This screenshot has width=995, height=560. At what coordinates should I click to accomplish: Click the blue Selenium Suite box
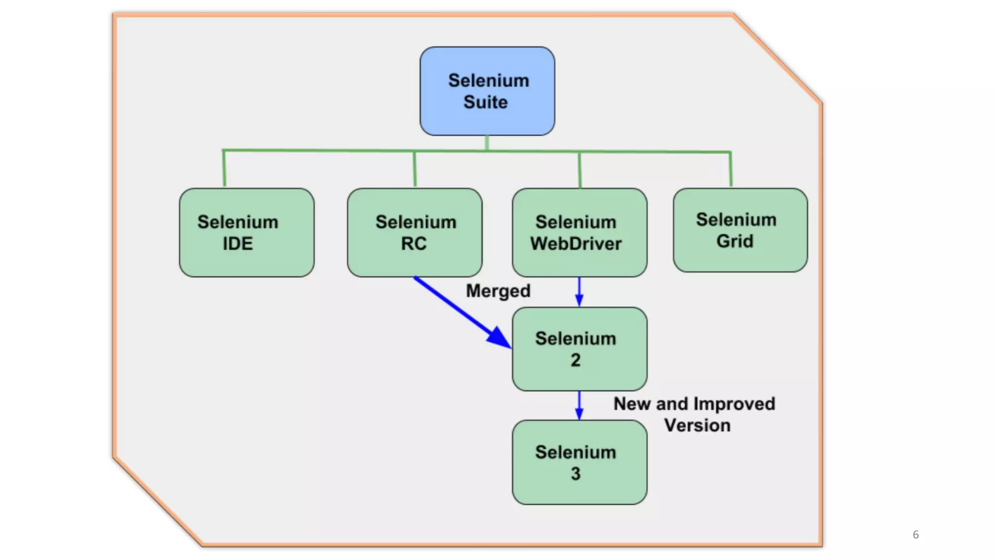pyautogui.click(x=487, y=91)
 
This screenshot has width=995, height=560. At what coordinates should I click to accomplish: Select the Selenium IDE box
pyautogui.click(x=246, y=232)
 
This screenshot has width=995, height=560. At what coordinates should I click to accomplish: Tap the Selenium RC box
pyautogui.click(x=414, y=232)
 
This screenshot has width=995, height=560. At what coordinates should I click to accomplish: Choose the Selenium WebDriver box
pyautogui.click(x=579, y=232)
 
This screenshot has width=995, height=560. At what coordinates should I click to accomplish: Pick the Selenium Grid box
pyautogui.click(x=740, y=230)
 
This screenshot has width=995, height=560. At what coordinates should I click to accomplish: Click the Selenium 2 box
pyautogui.click(x=579, y=349)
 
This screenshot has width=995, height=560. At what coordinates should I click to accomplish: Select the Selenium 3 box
pyautogui.click(x=579, y=462)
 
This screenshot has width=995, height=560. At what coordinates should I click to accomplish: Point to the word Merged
pyautogui.click(x=498, y=291)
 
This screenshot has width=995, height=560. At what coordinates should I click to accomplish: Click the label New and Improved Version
pyautogui.click(x=694, y=414)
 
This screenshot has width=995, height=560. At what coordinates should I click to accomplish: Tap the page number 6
pyautogui.click(x=916, y=535)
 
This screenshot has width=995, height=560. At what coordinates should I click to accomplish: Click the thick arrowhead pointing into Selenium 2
pyautogui.click(x=499, y=338)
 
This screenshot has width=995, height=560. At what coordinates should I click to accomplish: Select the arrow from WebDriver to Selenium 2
pyautogui.click(x=579, y=292)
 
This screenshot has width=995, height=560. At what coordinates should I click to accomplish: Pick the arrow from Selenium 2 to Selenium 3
pyautogui.click(x=579, y=405)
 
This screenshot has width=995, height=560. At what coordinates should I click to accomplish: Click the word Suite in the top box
pyautogui.click(x=485, y=102)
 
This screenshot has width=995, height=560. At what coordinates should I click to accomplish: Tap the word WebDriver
pyautogui.click(x=576, y=244)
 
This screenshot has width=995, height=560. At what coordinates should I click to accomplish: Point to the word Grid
pyautogui.click(x=735, y=241)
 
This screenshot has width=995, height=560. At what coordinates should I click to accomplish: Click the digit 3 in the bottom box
pyautogui.click(x=576, y=473)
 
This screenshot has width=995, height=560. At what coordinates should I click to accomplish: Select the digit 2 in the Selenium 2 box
pyautogui.click(x=576, y=360)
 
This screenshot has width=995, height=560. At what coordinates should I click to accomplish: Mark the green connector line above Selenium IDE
pyautogui.click(x=224, y=168)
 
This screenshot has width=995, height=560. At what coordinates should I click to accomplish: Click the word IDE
pyautogui.click(x=238, y=244)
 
